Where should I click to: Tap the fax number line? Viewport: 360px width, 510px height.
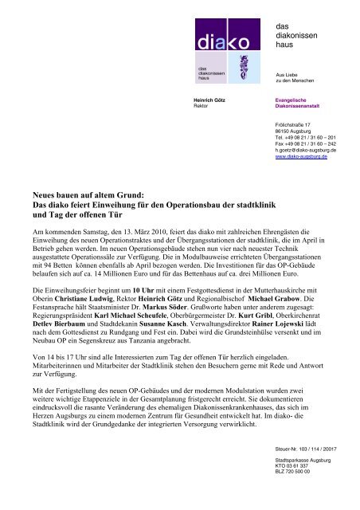(x=306, y=142)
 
